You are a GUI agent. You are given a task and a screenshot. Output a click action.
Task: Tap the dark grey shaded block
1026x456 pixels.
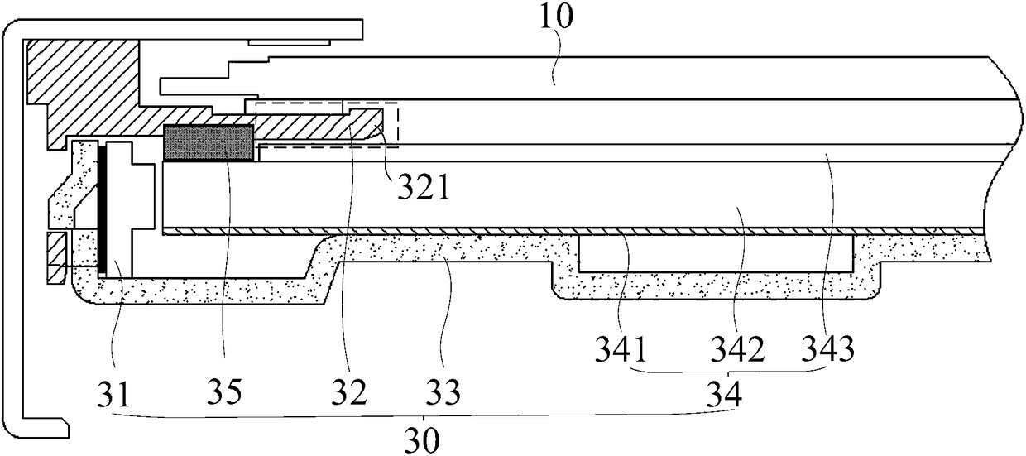[x=209, y=142]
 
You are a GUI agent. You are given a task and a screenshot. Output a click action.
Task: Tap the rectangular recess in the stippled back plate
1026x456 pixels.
[x=716, y=253]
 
